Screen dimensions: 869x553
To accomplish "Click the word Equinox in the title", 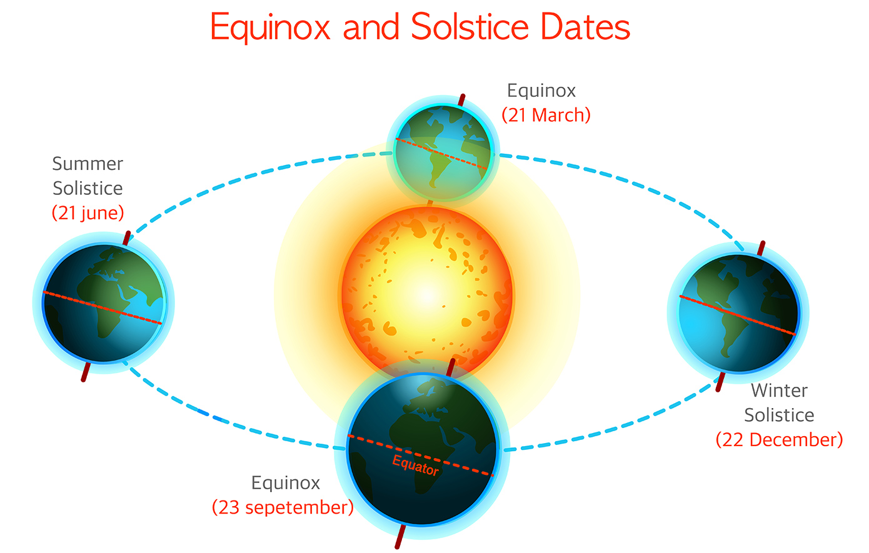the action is pyautogui.click(x=270, y=27).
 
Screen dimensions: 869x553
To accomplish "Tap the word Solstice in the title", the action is pyautogui.click(x=470, y=26).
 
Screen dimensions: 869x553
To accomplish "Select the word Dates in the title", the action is pyautogui.click(x=585, y=26).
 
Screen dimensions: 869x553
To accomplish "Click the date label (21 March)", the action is pyautogui.click(x=546, y=115).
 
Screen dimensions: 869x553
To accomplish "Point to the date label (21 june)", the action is pyautogui.click(x=88, y=213).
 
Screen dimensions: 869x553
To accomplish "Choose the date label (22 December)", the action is pyautogui.click(x=779, y=440).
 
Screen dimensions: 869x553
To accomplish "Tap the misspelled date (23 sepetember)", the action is pyautogui.click(x=283, y=507).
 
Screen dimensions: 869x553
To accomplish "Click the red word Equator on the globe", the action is pyautogui.click(x=415, y=465).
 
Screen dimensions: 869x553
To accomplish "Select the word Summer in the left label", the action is pyautogui.click(x=88, y=164).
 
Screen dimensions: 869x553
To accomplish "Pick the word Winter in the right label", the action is pyautogui.click(x=779, y=391).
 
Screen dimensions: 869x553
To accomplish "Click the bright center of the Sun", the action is pyautogui.click(x=427, y=295).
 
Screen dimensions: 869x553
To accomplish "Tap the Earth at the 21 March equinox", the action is pyautogui.click(x=443, y=152).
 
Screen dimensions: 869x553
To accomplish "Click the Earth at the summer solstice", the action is pyautogui.click(x=104, y=303).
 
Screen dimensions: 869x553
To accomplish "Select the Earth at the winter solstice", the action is pyautogui.click(x=738, y=313).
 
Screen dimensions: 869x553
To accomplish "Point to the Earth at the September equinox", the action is pyautogui.click(x=422, y=449).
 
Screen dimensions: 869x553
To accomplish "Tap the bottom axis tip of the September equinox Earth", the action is pyautogui.click(x=397, y=547).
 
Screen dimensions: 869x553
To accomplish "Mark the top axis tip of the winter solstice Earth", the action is pyautogui.click(x=763, y=243).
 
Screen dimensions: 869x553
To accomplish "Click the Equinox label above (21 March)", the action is pyautogui.click(x=541, y=91).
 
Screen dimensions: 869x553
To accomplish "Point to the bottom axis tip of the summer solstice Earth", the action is pyautogui.click(x=83, y=380).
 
